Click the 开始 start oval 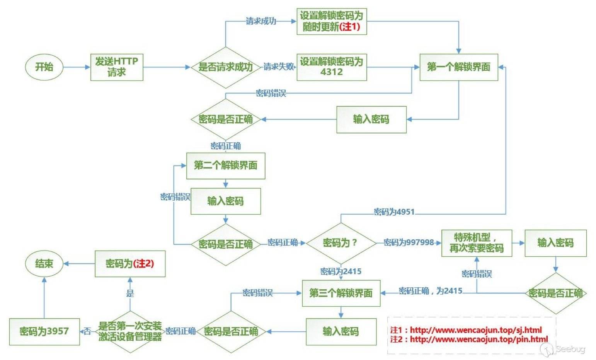44,67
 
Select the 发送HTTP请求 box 117,67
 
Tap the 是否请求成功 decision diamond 225,67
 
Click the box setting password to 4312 331,67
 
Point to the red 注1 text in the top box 350,27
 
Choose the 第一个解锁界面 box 458,67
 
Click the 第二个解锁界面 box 225,165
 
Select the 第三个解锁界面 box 341,293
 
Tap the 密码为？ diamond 341,243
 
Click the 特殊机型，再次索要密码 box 476,243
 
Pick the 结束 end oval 44,264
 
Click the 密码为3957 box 44,331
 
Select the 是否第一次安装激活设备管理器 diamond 130,331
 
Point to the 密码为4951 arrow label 394,212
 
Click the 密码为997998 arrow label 409,242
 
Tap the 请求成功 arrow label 261,21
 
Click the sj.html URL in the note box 476,330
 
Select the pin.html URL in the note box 479,340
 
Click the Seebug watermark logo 565,349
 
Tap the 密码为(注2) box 130,264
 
